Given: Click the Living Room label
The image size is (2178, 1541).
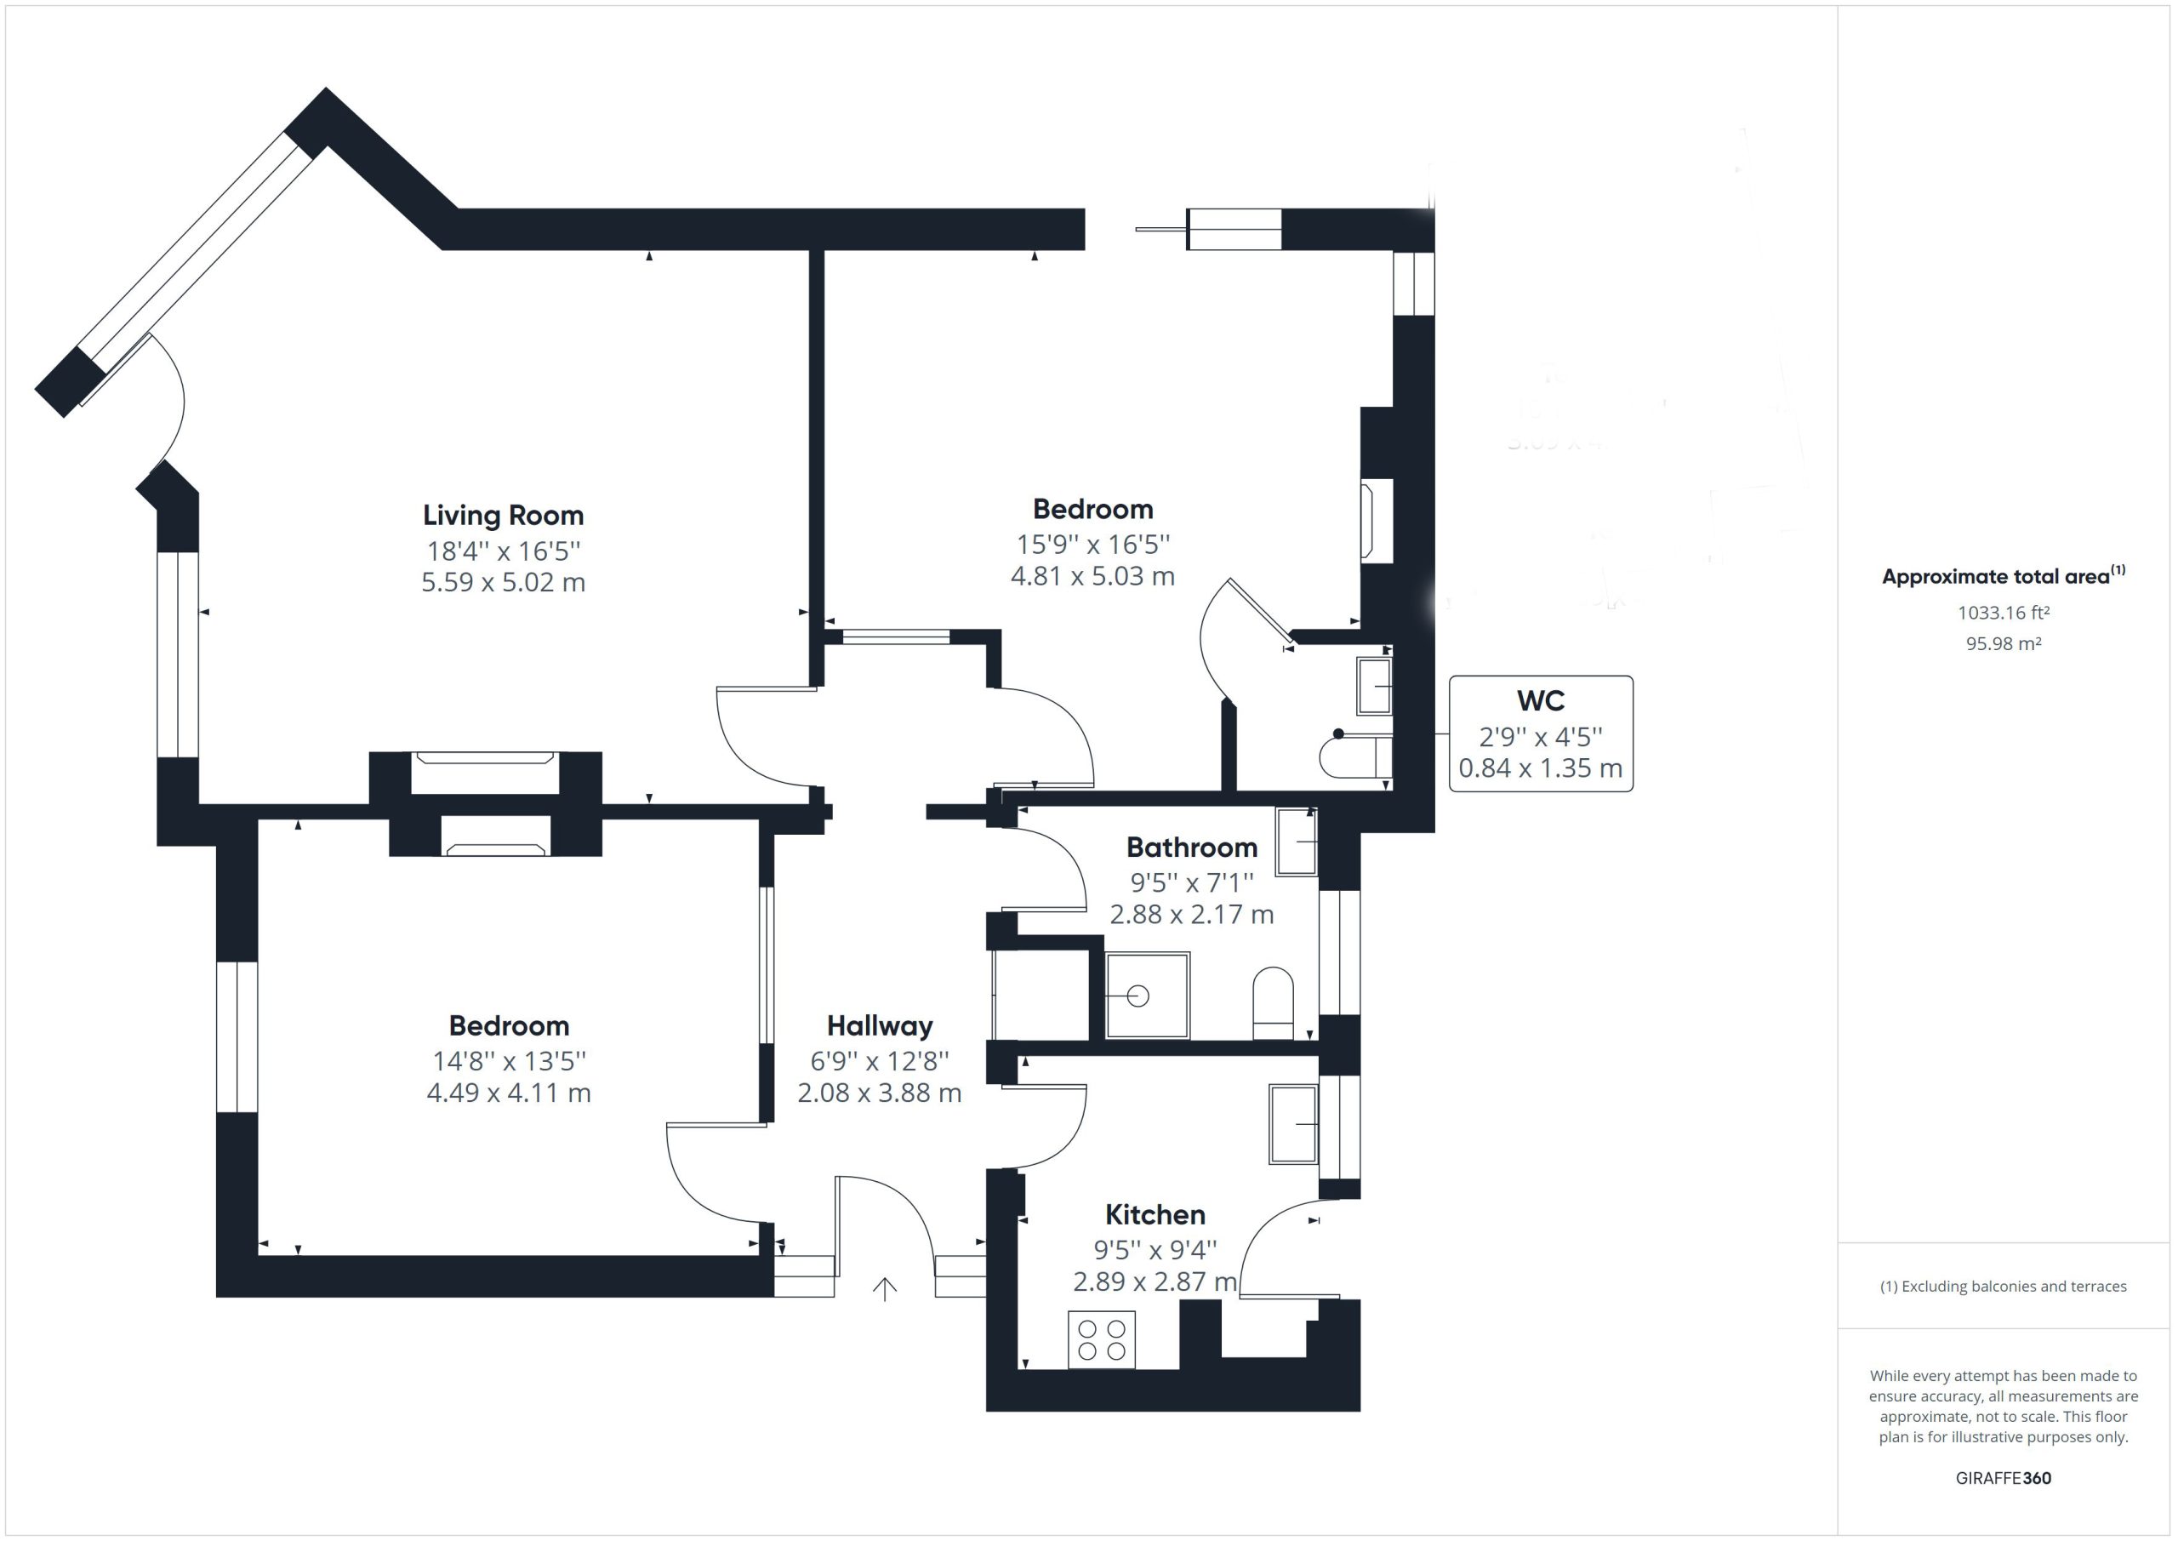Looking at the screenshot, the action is click(x=503, y=516).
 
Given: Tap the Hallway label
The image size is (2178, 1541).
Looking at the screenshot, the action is click(x=880, y=1025).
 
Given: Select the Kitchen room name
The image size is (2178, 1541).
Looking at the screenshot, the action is click(x=1155, y=1214).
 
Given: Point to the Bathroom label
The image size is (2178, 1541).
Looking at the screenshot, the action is click(x=1191, y=848).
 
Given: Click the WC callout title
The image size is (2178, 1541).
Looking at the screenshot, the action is click(x=1541, y=701).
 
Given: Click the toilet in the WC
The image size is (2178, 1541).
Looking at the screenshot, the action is click(x=1355, y=756).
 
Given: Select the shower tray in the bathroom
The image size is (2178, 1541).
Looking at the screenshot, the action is click(x=1147, y=996).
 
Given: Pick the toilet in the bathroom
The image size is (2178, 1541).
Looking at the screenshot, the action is click(x=1273, y=1003).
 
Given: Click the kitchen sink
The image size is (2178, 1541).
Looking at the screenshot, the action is click(x=1293, y=1124).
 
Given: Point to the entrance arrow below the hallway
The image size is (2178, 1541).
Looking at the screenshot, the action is click(x=884, y=1288).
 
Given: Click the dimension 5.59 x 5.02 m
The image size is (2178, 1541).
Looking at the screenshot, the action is click(x=503, y=582).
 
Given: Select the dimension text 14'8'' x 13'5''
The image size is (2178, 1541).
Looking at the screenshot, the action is click(x=510, y=1061).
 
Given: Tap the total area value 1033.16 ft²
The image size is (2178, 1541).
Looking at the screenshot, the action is click(x=2004, y=613).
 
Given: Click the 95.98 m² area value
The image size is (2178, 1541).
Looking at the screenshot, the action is click(x=2004, y=643).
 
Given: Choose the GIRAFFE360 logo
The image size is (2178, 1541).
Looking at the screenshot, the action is click(x=2004, y=1477).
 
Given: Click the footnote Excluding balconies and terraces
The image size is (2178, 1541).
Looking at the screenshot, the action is click(x=2004, y=1287).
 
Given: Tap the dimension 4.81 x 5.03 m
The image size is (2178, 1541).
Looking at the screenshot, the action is click(x=1092, y=576).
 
